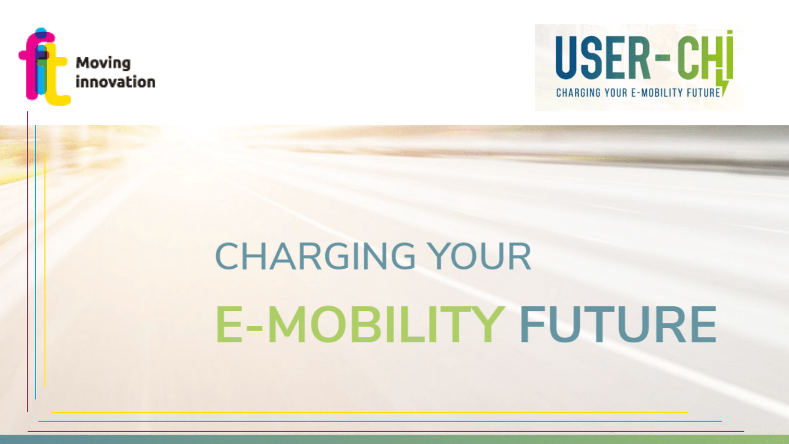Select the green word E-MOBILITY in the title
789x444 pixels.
click(360, 324)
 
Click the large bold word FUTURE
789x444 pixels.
click(619, 324)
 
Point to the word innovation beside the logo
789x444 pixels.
click(115, 82)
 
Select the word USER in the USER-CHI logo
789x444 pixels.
click(603, 58)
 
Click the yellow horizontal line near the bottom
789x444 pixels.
click(370, 412)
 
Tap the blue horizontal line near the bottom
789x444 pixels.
click(380, 421)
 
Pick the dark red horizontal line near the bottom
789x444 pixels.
click(386, 431)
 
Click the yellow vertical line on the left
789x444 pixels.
click(45, 271)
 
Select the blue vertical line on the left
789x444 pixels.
click(36, 262)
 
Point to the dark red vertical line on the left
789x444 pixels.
click(27, 261)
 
